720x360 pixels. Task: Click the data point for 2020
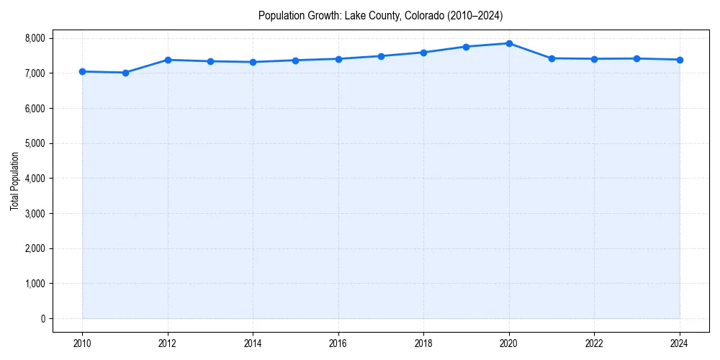509,43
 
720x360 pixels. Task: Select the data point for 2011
125,73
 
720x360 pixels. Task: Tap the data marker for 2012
168,60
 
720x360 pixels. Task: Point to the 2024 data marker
680,60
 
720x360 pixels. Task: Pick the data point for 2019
467,47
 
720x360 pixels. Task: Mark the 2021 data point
552,58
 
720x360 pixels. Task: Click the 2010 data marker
82,71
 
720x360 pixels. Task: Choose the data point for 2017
381,56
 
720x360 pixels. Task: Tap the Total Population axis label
14,181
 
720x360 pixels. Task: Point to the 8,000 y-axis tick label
33,38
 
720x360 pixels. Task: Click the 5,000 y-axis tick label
33,143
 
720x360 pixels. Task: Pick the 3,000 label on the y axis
33,214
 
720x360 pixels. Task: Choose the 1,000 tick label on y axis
33,284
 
